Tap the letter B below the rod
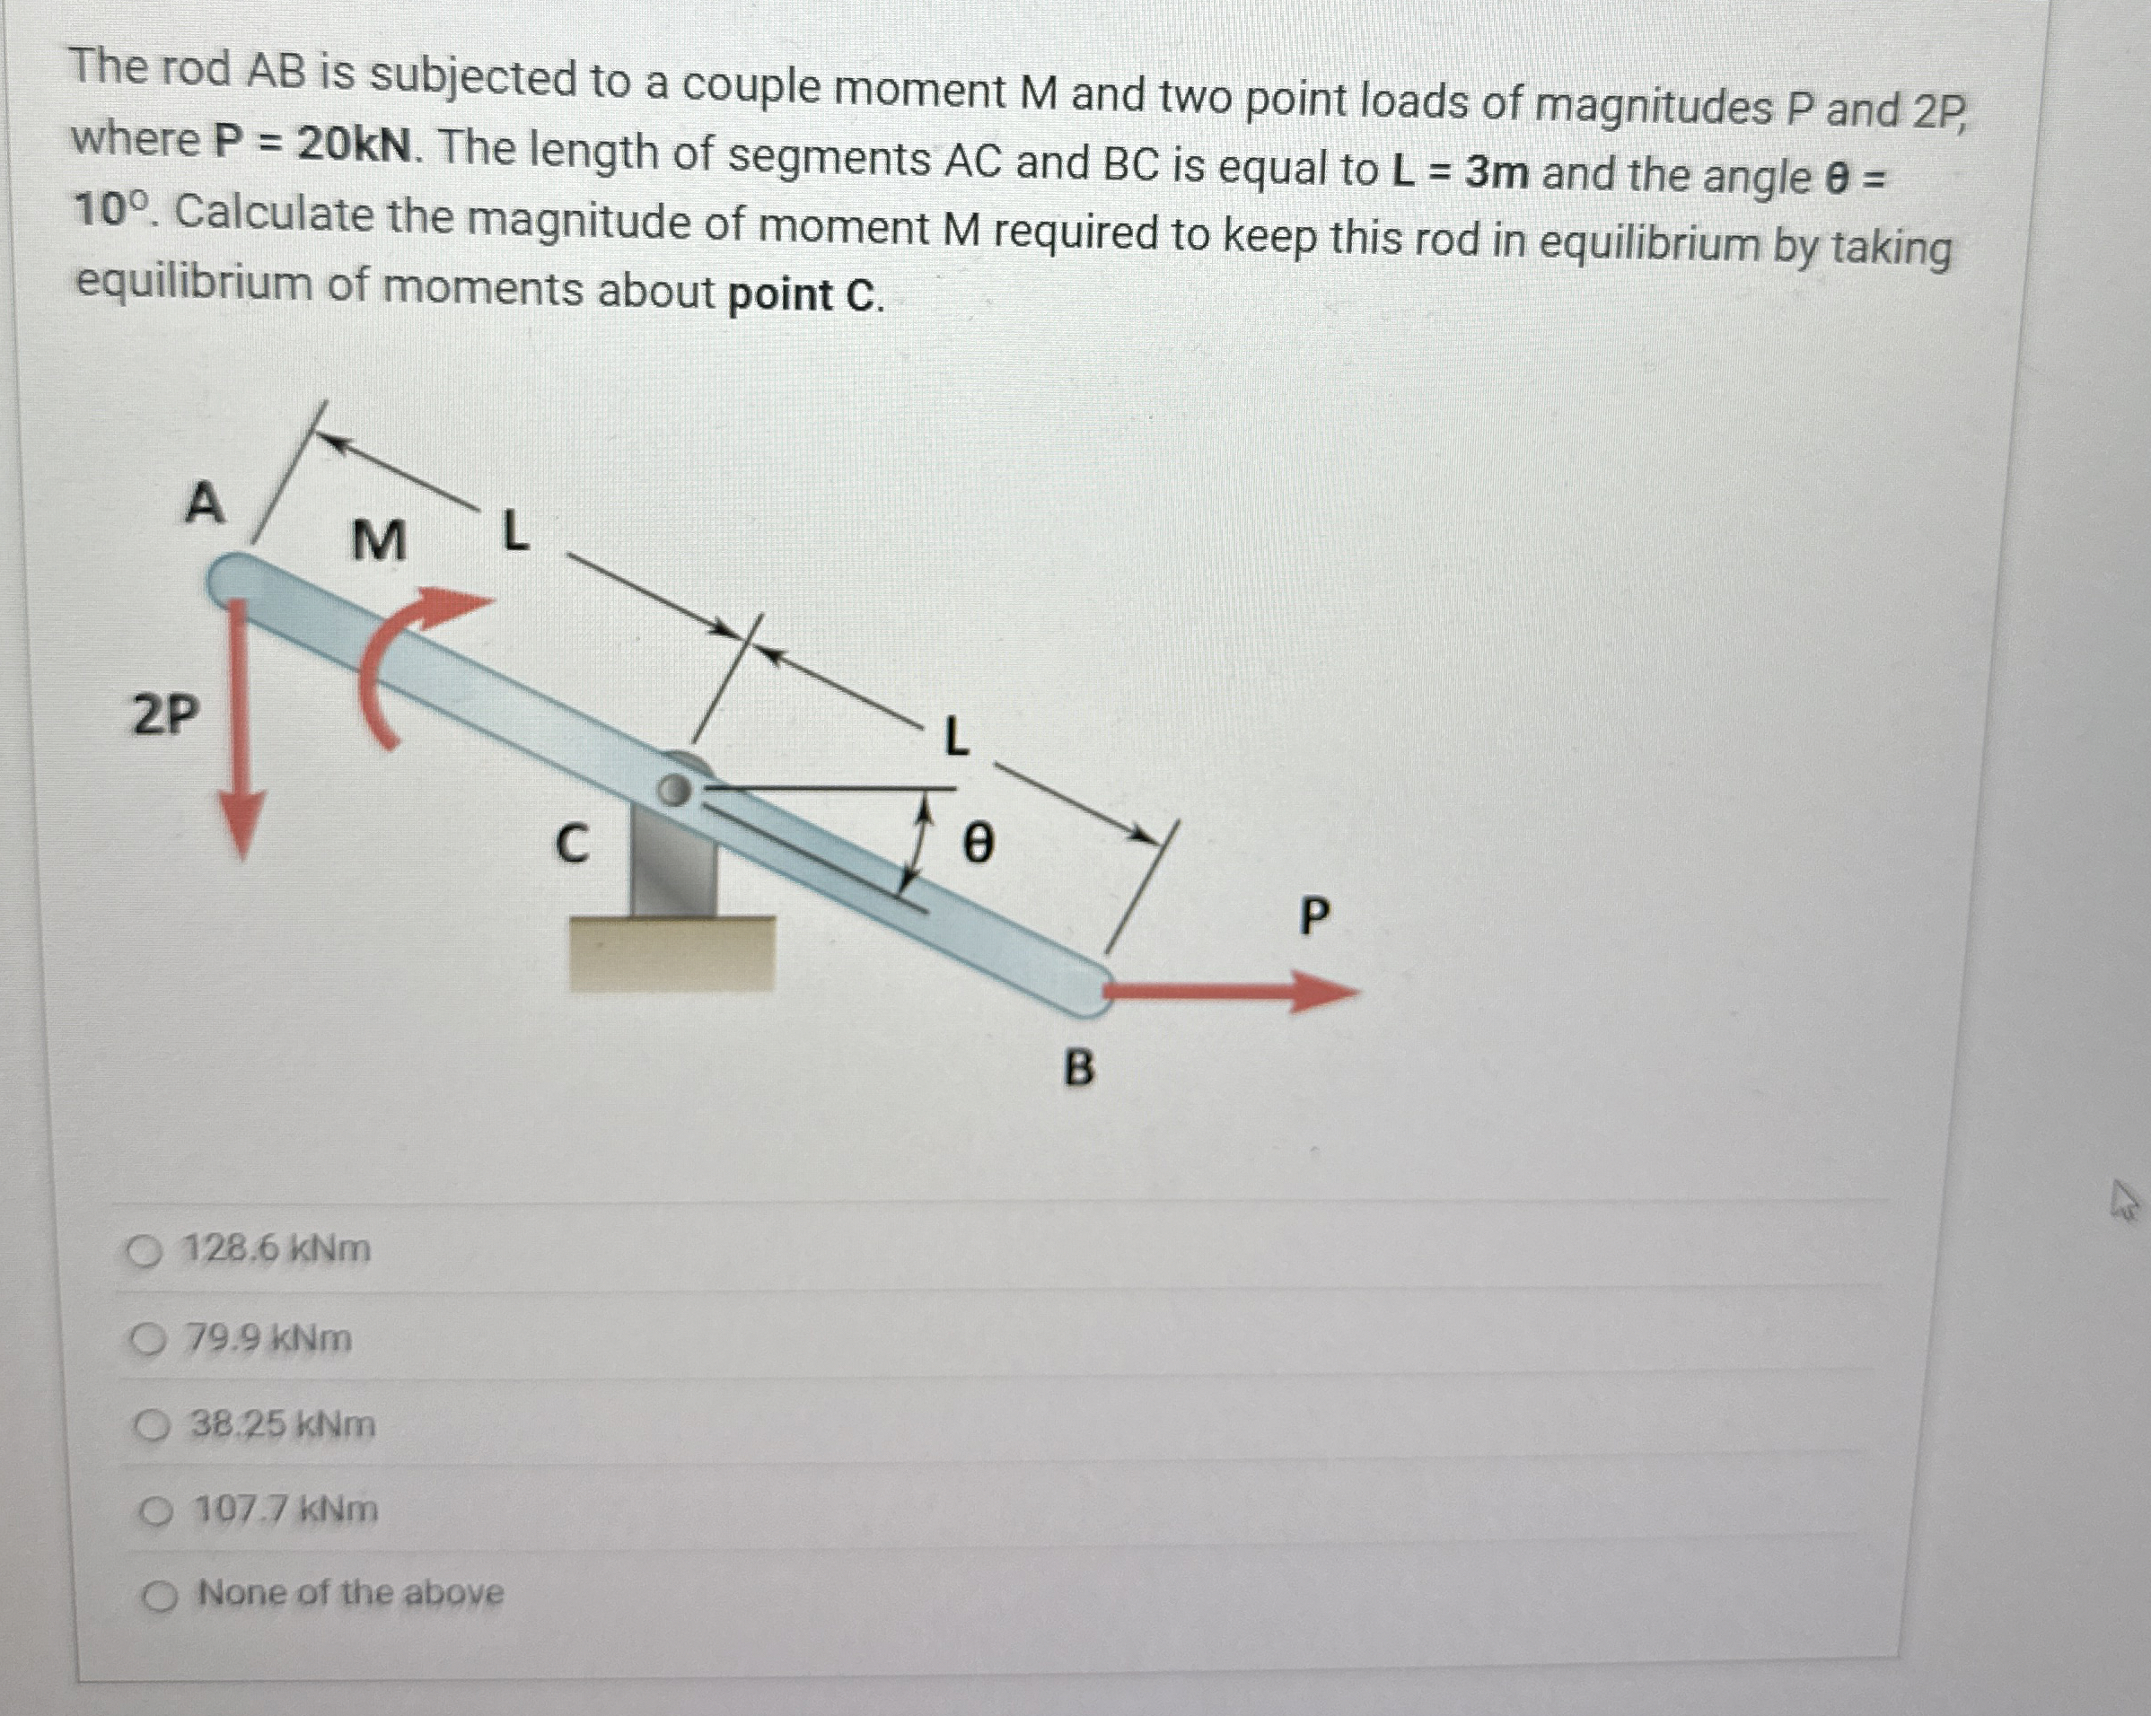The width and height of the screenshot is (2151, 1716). click(1078, 1069)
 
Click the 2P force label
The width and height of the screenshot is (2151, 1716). click(165, 714)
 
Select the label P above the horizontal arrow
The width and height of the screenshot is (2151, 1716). click(1315, 915)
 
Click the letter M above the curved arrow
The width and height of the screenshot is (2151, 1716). click(379, 542)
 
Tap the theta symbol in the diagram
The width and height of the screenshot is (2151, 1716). click(978, 845)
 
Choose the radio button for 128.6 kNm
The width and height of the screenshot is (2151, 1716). click(145, 1251)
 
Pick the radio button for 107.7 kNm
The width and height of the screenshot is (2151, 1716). click(154, 1512)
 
